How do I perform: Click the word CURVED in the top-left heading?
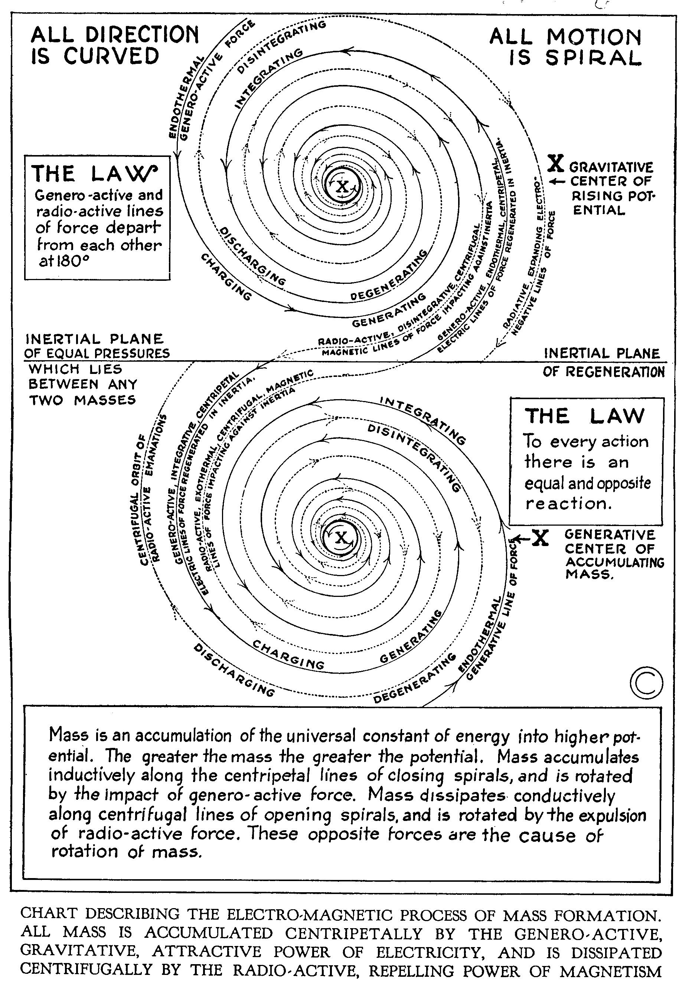tap(111, 56)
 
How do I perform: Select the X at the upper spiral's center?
tap(342, 187)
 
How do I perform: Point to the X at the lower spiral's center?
tap(341, 537)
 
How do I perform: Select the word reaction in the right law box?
tap(568, 503)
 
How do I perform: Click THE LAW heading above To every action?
tap(584, 417)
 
